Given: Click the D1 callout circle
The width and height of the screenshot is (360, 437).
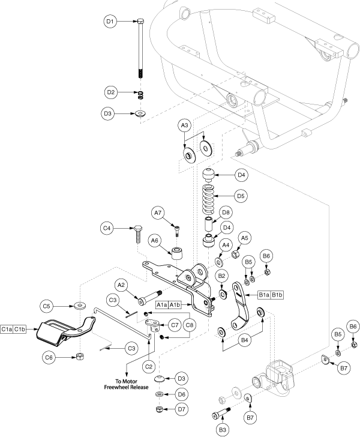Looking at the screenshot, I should point(109,22).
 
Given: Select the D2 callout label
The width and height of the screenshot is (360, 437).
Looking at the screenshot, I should point(109,92).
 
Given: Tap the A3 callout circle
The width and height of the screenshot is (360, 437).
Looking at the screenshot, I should point(185,125).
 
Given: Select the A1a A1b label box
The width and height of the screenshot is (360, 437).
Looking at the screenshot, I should point(171,305).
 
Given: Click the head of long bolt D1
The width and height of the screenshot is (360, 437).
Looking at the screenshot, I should point(140,22).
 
